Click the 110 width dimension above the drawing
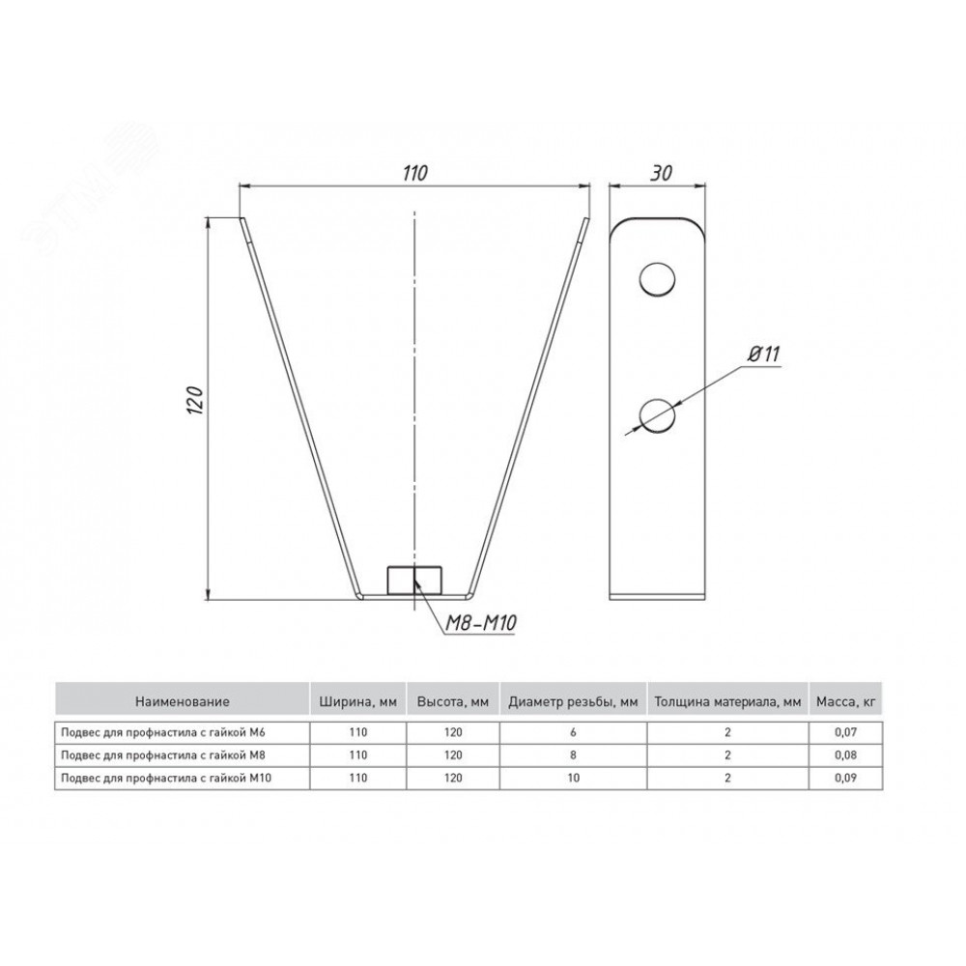(414, 173)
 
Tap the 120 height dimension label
(195, 400)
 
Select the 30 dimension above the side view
(661, 173)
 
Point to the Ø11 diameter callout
(763, 355)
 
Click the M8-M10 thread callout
(480, 623)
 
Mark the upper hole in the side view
(657, 279)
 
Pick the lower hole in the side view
(657, 414)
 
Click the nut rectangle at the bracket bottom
(414, 580)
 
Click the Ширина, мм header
(358, 701)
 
